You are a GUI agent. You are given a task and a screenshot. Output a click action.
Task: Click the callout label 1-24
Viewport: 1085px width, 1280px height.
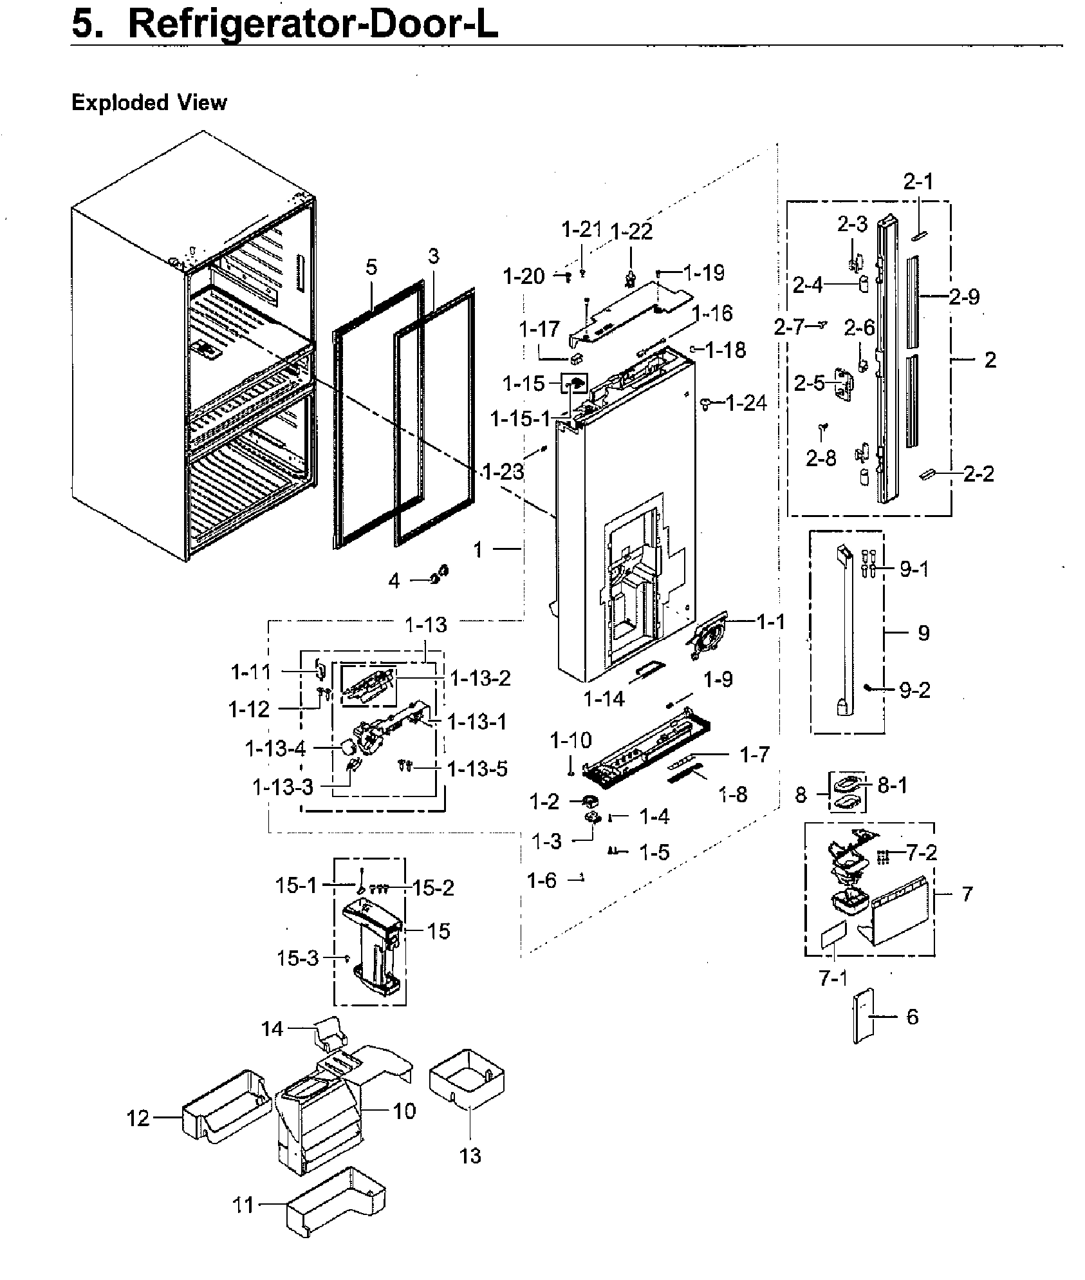[x=746, y=404]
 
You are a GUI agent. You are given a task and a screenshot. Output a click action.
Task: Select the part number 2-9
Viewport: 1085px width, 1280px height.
[x=964, y=297]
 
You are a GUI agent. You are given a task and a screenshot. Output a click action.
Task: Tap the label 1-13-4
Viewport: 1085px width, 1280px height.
[x=275, y=749]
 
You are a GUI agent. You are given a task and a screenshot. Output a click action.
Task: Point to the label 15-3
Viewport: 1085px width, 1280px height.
[x=297, y=959]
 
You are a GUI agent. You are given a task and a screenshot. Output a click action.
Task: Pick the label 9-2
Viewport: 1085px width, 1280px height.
[x=914, y=691]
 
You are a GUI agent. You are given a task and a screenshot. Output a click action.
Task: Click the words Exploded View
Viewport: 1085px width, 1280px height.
[x=149, y=103]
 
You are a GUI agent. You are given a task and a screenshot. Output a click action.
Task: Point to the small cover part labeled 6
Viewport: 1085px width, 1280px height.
[x=864, y=1018]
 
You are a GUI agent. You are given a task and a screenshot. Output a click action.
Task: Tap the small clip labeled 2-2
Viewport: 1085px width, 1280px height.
[x=927, y=474]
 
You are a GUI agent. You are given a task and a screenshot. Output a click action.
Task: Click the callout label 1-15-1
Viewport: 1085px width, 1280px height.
[x=521, y=420]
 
